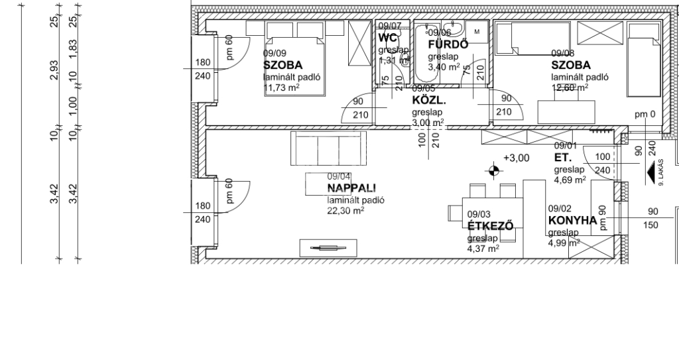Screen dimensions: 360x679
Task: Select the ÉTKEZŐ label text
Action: point(491,226)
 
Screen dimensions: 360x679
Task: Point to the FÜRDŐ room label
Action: point(448,44)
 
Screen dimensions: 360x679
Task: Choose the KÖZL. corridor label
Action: point(428,101)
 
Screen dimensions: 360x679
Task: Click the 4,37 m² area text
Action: point(483,249)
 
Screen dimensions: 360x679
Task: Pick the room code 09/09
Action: point(275,54)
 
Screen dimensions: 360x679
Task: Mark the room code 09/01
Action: point(566,147)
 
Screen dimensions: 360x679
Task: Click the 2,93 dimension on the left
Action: point(54,68)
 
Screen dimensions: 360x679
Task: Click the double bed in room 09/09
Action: point(296,58)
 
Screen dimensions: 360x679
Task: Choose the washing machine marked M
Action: point(476,32)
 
